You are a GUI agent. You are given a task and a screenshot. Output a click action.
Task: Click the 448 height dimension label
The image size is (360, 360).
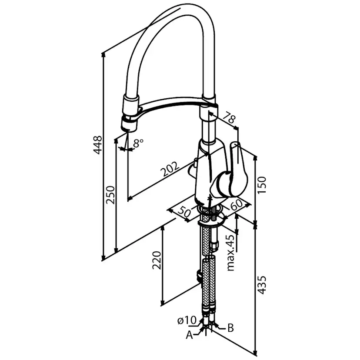point(97,145)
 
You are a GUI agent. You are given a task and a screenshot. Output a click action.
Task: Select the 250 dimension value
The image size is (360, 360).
point(110,195)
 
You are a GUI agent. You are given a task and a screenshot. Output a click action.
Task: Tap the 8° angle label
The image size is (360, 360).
point(138,143)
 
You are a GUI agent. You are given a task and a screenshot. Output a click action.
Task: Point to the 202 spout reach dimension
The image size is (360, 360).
point(170,169)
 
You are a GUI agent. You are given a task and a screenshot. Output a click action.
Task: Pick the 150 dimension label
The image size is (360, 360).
point(262,185)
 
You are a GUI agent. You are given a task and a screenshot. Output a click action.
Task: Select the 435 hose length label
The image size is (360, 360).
point(262,285)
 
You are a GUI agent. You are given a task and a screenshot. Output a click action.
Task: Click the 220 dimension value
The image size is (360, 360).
point(157,260)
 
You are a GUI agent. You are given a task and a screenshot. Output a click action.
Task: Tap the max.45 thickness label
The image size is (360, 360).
point(231,253)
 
